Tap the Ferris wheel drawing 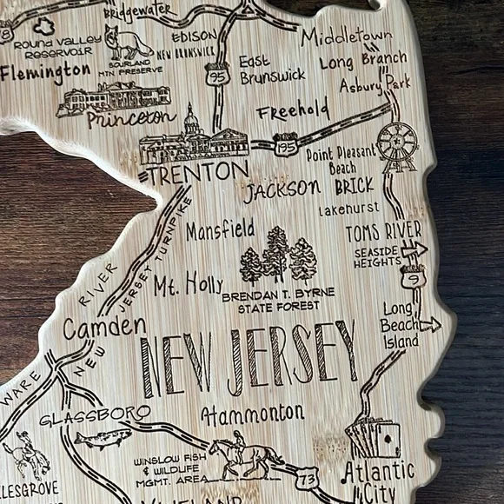coord(397,143)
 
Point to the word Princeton coord(131,118)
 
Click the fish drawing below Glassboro coord(103,437)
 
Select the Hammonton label coord(252,412)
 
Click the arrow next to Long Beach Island coord(430,325)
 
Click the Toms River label coord(382,231)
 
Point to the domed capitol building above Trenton coord(194,135)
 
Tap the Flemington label coord(45,71)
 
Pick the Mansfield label coord(220,230)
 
